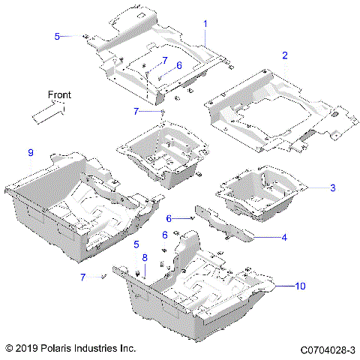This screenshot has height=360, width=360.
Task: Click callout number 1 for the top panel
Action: coord(205,24)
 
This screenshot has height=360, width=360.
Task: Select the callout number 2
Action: coord(284,55)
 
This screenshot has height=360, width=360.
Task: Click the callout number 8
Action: coord(145,258)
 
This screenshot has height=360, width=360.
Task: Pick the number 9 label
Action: coord(30,153)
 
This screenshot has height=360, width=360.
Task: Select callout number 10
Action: coord(301,286)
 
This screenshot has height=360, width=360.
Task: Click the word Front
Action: coord(59,94)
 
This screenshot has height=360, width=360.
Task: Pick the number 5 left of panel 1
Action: coord(57,35)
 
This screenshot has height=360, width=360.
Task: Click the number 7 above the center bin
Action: coord(136,111)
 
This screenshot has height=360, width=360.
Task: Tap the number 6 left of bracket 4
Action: coord(169,217)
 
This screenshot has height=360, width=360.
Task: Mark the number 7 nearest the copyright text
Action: coord(82,277)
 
